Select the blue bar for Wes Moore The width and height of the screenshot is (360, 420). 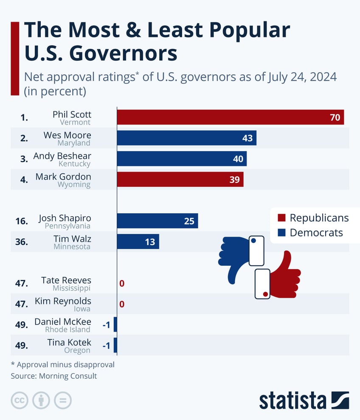186,138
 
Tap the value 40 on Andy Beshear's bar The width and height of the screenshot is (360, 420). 238,159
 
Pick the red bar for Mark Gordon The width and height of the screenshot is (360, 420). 180,180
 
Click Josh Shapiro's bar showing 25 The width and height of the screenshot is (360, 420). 157,221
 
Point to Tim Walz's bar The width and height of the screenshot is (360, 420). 138,242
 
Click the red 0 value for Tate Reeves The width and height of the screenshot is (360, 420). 122,283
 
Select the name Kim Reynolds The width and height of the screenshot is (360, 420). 63,302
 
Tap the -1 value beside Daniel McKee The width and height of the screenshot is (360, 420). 107,325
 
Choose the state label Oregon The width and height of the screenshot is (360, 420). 77,350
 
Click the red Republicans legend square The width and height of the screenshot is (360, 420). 281,218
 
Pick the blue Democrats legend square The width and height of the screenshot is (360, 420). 281,233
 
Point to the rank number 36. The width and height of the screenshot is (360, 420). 22,242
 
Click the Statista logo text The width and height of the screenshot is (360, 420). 292,400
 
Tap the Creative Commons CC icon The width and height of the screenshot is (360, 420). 20,400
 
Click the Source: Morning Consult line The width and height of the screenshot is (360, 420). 54,376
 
